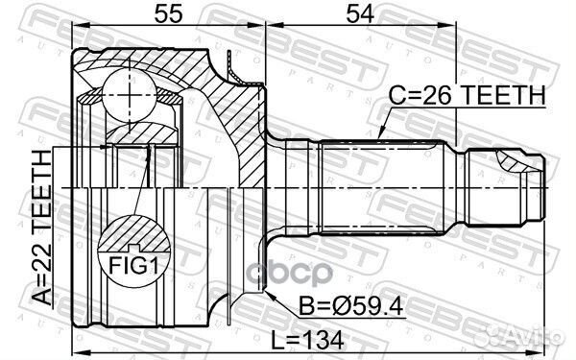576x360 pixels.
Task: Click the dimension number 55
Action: [167, 15]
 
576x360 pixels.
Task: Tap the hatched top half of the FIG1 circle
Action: [133, 236]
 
